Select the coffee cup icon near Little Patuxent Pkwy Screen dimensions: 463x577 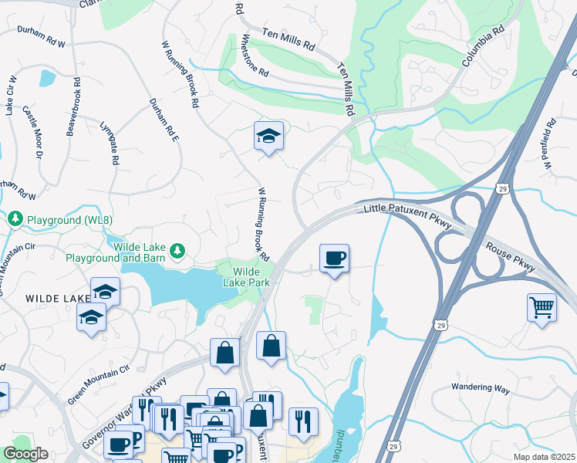pos(334,259)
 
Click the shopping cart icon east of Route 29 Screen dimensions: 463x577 pos(542,307)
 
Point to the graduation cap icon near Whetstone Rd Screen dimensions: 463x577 pos(268,137)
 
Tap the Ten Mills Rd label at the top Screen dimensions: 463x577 pos(289,40)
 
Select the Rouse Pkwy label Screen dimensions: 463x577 pos(510,257)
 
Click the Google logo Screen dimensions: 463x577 pos(25,454)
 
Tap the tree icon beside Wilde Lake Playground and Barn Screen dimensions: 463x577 pos(178,250)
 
